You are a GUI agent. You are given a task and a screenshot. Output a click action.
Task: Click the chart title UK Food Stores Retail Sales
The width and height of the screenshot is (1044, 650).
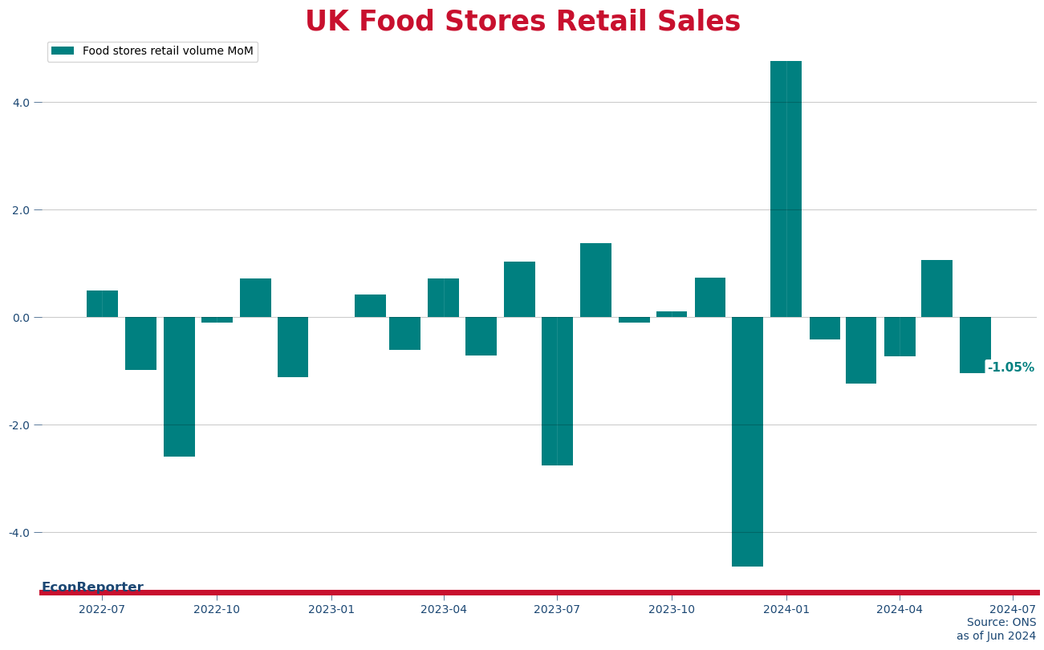pyautogui.click(x=522, y=22)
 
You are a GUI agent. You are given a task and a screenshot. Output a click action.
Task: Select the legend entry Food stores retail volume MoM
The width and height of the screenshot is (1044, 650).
pyautogui.click(x=168, y=51)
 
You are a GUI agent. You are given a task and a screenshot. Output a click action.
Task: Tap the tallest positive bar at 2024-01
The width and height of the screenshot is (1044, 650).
pyautogui.click(x=786, y=189)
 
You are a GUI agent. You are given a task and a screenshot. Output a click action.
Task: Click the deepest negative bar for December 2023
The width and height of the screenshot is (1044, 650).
pyautogui.click(x=747, y=441)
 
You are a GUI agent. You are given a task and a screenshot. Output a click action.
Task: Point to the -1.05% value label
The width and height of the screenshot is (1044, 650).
pyautogui.click(x=1010, y=368)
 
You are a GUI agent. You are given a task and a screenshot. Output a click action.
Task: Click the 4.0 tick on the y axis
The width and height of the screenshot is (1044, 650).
pyautogui.click(x=21, y=103)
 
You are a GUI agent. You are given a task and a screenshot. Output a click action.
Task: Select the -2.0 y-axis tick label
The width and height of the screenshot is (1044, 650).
pyautogui.click(x=19, y=425)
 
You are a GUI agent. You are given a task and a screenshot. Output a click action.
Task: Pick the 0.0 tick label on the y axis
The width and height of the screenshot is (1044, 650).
pyautogui.click(x=21, y=318)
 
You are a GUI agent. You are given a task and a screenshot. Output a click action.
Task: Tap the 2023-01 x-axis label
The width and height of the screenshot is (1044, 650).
pyautogui.click(x=331, y=609)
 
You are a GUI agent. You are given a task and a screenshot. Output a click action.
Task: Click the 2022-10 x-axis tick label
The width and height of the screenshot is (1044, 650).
pyautogui.click(x=217, y=609)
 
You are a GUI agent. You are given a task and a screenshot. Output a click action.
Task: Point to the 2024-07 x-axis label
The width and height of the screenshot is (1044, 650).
pyautogui.click(x=1013, y=609)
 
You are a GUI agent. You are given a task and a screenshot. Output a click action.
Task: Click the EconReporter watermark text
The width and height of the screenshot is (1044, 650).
pyautogui.click(x=92, y=587)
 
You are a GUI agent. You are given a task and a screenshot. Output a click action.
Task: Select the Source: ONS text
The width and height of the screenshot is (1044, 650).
pyautogui.click(x=1001, y=623)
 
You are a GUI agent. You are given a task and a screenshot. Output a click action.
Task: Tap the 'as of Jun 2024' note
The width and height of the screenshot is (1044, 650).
pyautogui.click(x=996, y=636)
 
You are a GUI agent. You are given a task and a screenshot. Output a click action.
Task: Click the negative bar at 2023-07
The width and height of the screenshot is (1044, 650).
pyautogui.click(x=557, y=391)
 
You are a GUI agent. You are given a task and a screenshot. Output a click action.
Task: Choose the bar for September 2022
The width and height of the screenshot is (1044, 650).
pyautogui.click(x=179, y=387)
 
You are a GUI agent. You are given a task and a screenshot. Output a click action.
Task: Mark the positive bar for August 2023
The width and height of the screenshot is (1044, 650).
pyautogui.click(x=595, y=280)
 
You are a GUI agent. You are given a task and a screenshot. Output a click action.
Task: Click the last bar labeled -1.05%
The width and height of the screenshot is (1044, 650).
pyautogui.click(x=975, y=345)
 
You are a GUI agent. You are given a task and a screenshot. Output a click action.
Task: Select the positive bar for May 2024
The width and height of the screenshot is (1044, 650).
pyautogui.click(x=936, y=289)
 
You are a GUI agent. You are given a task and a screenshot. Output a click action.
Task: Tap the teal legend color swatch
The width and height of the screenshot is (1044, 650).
pyautogui.click(x=63, y=51)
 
